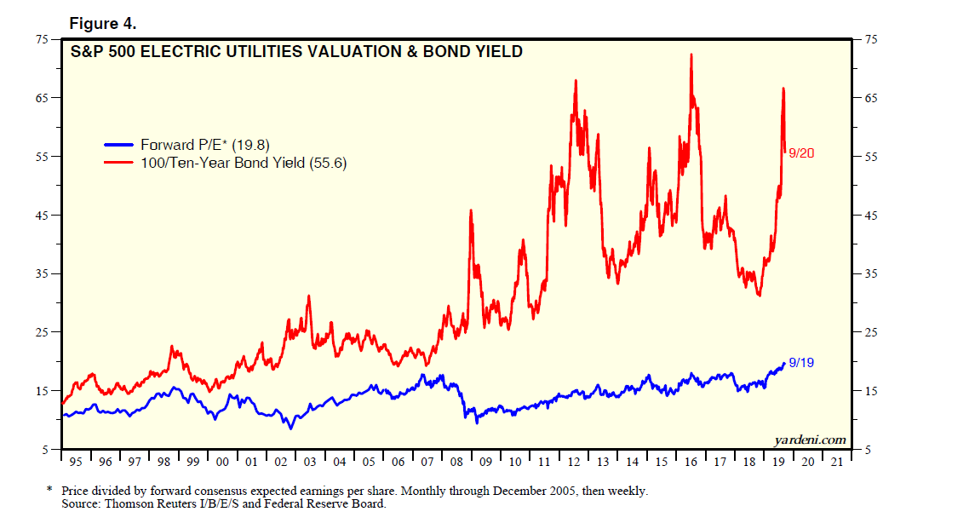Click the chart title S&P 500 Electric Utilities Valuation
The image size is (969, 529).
point(295,52)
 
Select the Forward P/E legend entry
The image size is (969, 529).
point(204,145)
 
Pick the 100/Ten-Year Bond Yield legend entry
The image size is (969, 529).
point(244,162)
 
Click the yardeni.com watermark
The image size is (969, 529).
point(810,440)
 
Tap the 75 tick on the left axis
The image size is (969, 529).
point(42,39)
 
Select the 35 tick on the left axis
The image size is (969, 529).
point(42,273)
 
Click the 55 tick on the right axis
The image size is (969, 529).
point(871,157)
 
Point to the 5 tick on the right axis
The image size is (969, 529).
point(868,450)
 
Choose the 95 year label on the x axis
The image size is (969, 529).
point(77,462)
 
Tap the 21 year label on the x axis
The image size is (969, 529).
point(839,462)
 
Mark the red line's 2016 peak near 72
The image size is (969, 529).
point(691,55)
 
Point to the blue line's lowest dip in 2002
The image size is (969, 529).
point(291,428)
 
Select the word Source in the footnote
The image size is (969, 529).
point(80,503)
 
